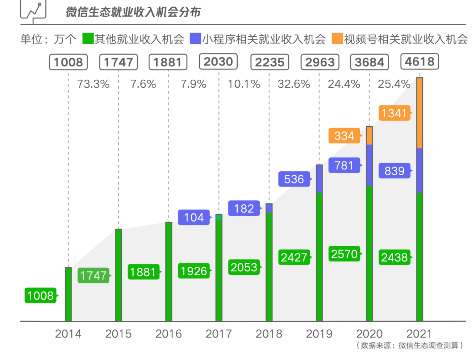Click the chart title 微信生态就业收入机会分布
(133, 12)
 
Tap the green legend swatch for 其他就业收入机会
(88, 39)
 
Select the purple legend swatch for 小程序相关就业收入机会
(195, 39)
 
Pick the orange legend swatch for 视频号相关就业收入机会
(337, 39)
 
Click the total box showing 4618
(419, 62)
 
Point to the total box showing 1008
(68, 62)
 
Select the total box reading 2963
(319, 62)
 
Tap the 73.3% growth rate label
(93, 84)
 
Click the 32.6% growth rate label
(294, 84)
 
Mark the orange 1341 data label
(394, 113)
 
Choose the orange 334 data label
(344, 136)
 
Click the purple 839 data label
(394, 171)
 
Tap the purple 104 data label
(194, 218)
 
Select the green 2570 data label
(344, 254)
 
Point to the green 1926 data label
(194, 271)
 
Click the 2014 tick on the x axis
(68, 334)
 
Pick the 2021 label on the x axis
(419, 334)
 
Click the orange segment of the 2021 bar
(420, 113)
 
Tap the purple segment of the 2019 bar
(319, 179)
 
